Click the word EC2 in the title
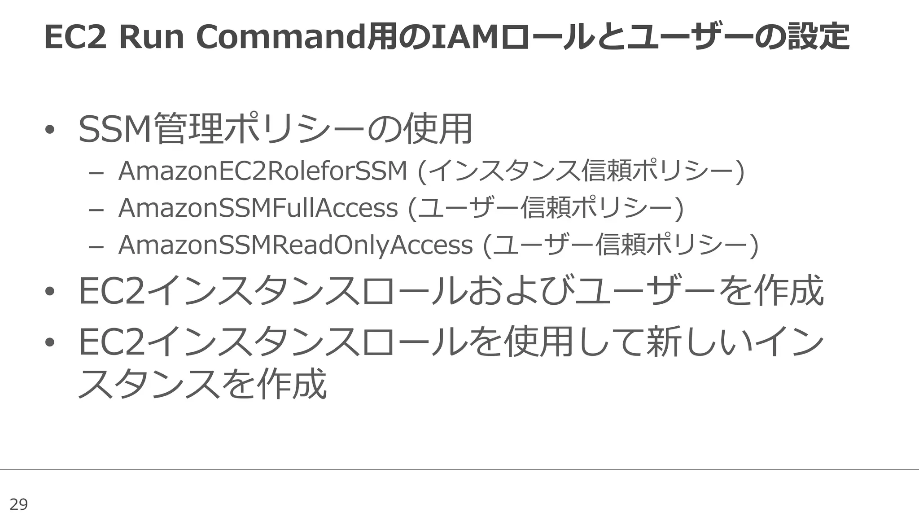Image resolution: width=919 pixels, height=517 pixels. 75,37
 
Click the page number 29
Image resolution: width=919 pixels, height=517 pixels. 18,504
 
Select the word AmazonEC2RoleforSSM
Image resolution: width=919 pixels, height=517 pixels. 263,171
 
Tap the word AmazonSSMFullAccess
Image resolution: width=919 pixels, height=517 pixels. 258,208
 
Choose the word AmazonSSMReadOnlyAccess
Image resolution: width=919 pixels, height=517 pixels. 295,245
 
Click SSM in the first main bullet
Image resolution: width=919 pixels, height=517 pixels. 115,129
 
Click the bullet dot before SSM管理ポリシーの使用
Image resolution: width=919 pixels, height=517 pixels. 49,130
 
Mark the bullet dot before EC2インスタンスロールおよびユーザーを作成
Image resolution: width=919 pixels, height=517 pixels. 49,291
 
